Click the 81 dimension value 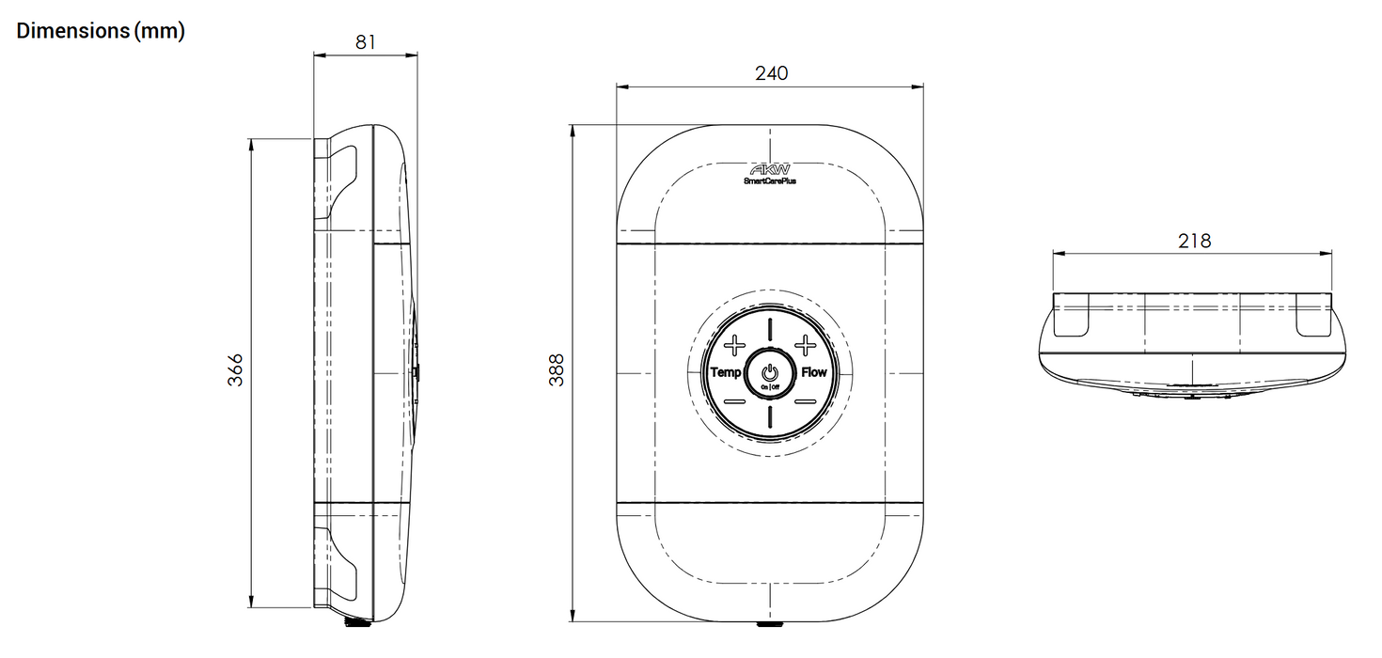point(365,42)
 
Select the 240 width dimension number point(771,73)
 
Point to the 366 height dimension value point(235,370)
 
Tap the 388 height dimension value point(557,370)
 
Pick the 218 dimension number point(1194,241)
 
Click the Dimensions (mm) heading point(101,31)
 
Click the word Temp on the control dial point(726,372)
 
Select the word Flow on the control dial point(814,372)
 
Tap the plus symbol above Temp point(734,345)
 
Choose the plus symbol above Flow point(805,345)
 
